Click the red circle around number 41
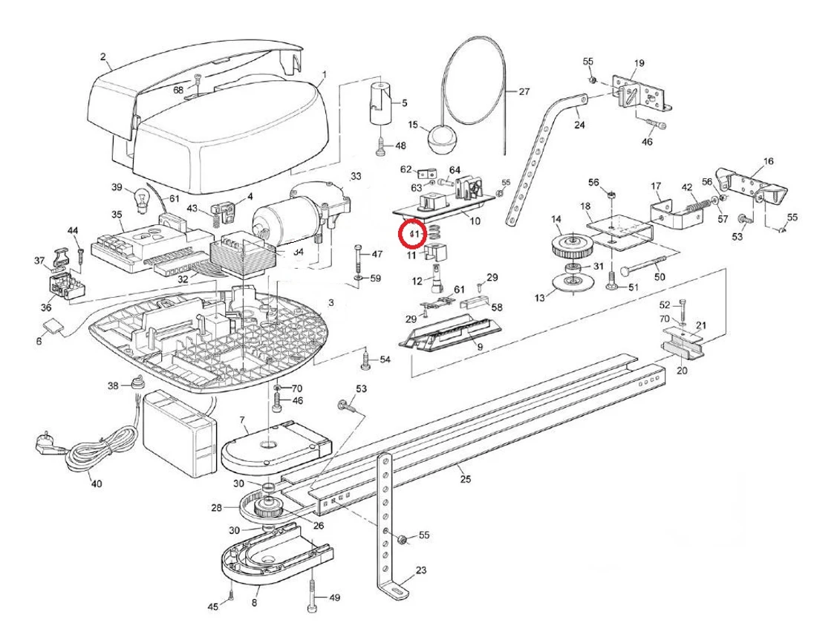(412, 235)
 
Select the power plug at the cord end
(44, 445)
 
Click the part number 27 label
(524, 92)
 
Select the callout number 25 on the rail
(466, 478)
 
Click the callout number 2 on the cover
(103, 56)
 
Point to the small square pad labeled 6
(53, 327)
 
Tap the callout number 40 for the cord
(97, 483)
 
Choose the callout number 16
(767, 160)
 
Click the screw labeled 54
(365, 360)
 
